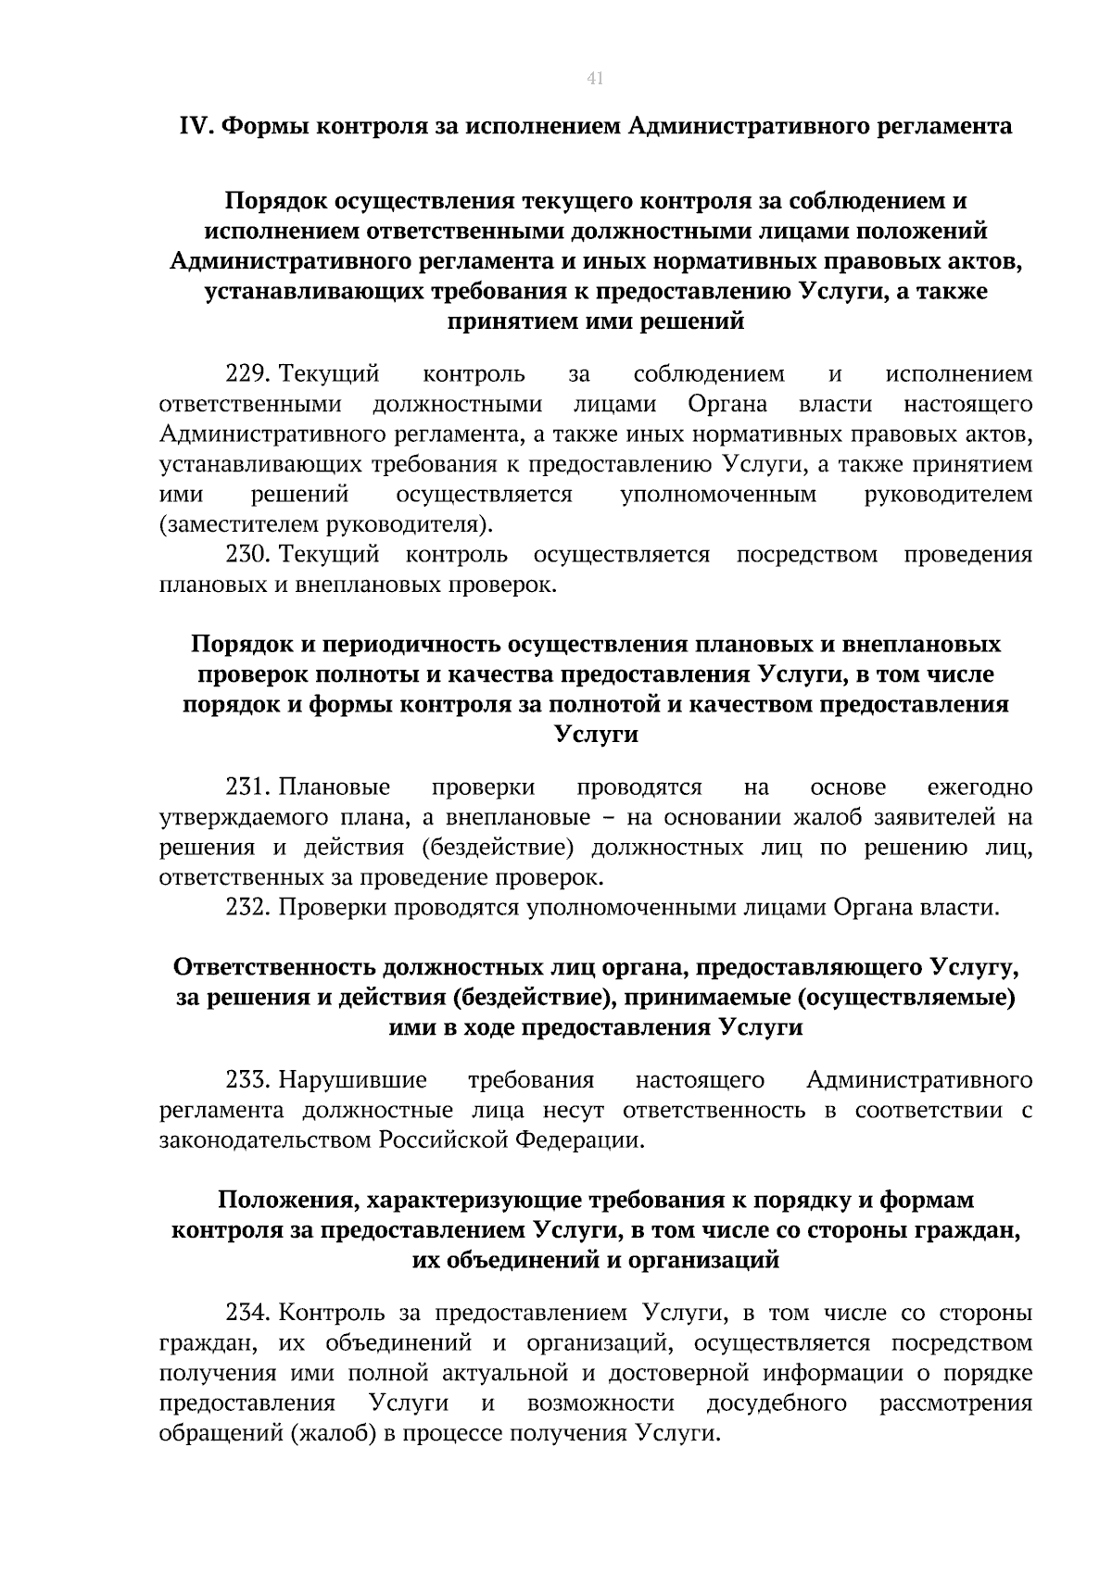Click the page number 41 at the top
pos(595,79)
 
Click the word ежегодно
pos(979,787)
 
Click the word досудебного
pos(777,1403)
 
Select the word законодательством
pos(266,1140)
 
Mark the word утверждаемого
pos(232,818)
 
